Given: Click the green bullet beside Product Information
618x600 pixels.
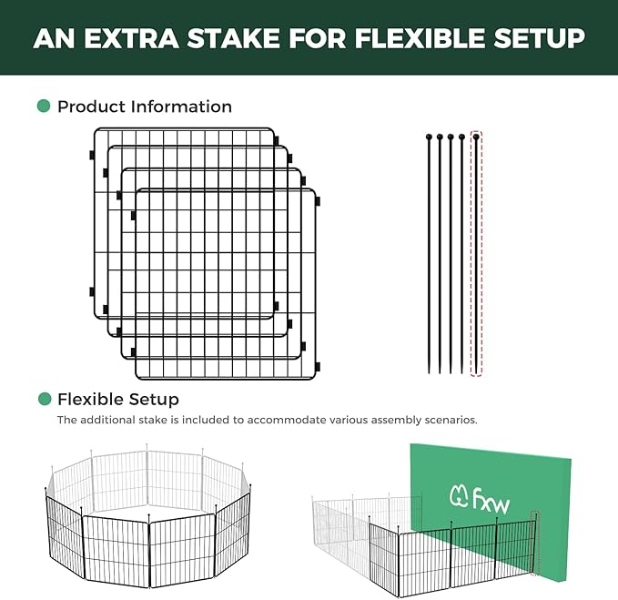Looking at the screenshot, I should [x=43, y=107].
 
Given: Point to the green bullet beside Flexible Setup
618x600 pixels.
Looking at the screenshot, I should [x=43, y=399].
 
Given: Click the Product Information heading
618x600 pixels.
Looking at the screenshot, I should [x=145, y=107].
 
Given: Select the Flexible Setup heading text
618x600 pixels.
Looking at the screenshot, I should [x=118, y=399].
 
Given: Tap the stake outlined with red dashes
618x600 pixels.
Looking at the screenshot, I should [x=475, y=255].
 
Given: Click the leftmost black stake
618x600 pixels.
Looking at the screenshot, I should [x=428, y=255].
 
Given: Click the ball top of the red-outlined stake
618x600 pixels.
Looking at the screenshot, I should [x=475, y=136].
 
